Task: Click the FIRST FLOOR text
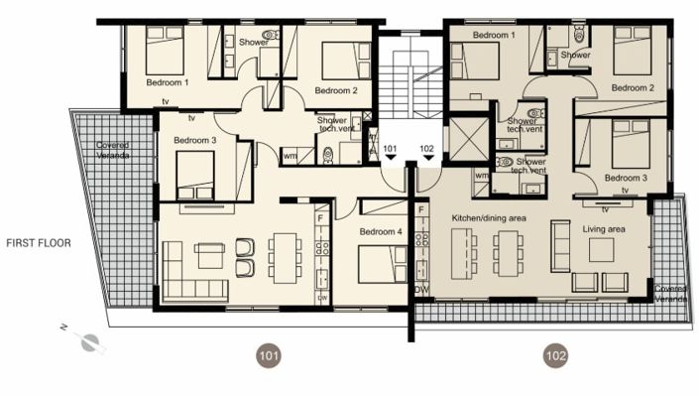pyautogui.click(x=38, y=242)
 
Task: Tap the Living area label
pyautogui.click(x=603, y=229)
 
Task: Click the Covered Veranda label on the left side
pyautogui.click(x=112, y=150)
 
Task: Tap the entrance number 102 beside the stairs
pyautogui.click(x=427, y=149)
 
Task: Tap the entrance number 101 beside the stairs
pyautogui.click(x=391, y=149)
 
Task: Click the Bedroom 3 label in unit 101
pyautogui.click(x=194, y=141)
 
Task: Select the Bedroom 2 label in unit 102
pyautogui.click(x=632, y=88)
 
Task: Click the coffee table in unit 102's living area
pyautogui.click(x=602, y=249)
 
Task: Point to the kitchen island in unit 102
pyautogui.click(x=462, y=253)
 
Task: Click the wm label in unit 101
pyautogui.click(x=291, y=156)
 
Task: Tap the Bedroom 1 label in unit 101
pyautogui.click(x=167, y=82)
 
